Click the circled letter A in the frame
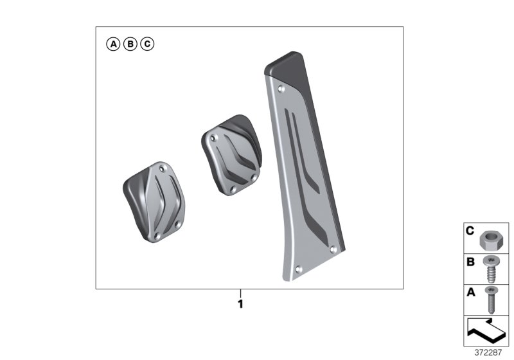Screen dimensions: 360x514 coord(113,44)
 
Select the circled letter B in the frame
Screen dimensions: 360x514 coord(130,44)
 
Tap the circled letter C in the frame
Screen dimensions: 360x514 coord(147,44)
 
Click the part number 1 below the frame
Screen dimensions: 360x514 coord(240,304)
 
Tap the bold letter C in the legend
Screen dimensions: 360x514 coord(470,230)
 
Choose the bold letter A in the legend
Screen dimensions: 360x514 coord(470,292)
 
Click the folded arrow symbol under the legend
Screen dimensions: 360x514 coord(486,332)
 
